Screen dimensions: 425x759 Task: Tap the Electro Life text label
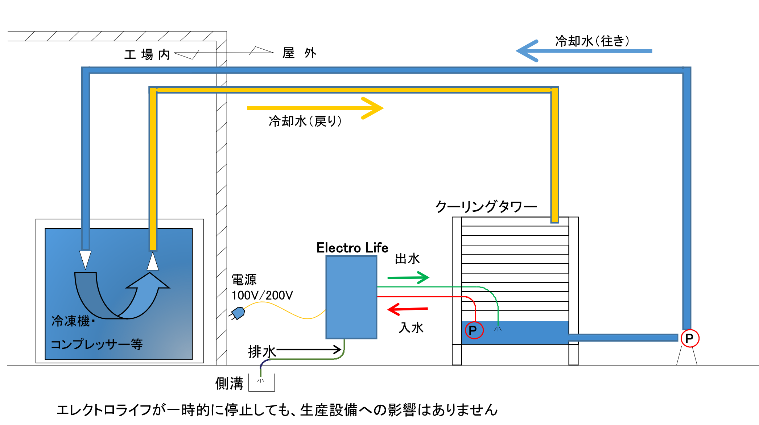click(x=352, y=248)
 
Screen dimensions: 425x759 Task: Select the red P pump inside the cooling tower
click(x=474, y=330)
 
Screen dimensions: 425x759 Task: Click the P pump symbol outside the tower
click(x=689, y=338)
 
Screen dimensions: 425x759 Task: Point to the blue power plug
click(x=238, y=313)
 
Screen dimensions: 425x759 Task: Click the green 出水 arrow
click(x=408, y=278)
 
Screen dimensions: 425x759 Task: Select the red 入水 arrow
click(x=408, y=309)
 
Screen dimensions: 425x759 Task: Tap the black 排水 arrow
click(x=308, y=350)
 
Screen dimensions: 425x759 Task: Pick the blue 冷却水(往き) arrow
click(x=583, y=51)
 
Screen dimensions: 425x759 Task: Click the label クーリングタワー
click(x=486, y=207)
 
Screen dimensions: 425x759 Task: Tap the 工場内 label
click(x=147, y=55)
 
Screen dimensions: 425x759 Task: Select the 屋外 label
click(x=299, y=53)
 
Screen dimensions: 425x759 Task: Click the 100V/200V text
click(x=262, y=295)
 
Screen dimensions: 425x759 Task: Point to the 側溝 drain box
click(x=261, y=383)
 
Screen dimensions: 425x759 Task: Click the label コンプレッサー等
click(x=96, y=344)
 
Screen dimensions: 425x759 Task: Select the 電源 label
click(x=244, y=280)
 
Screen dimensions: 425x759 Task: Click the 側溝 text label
click(x=229, y=383)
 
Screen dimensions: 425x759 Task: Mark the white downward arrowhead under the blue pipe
click(x=85, y=259)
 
